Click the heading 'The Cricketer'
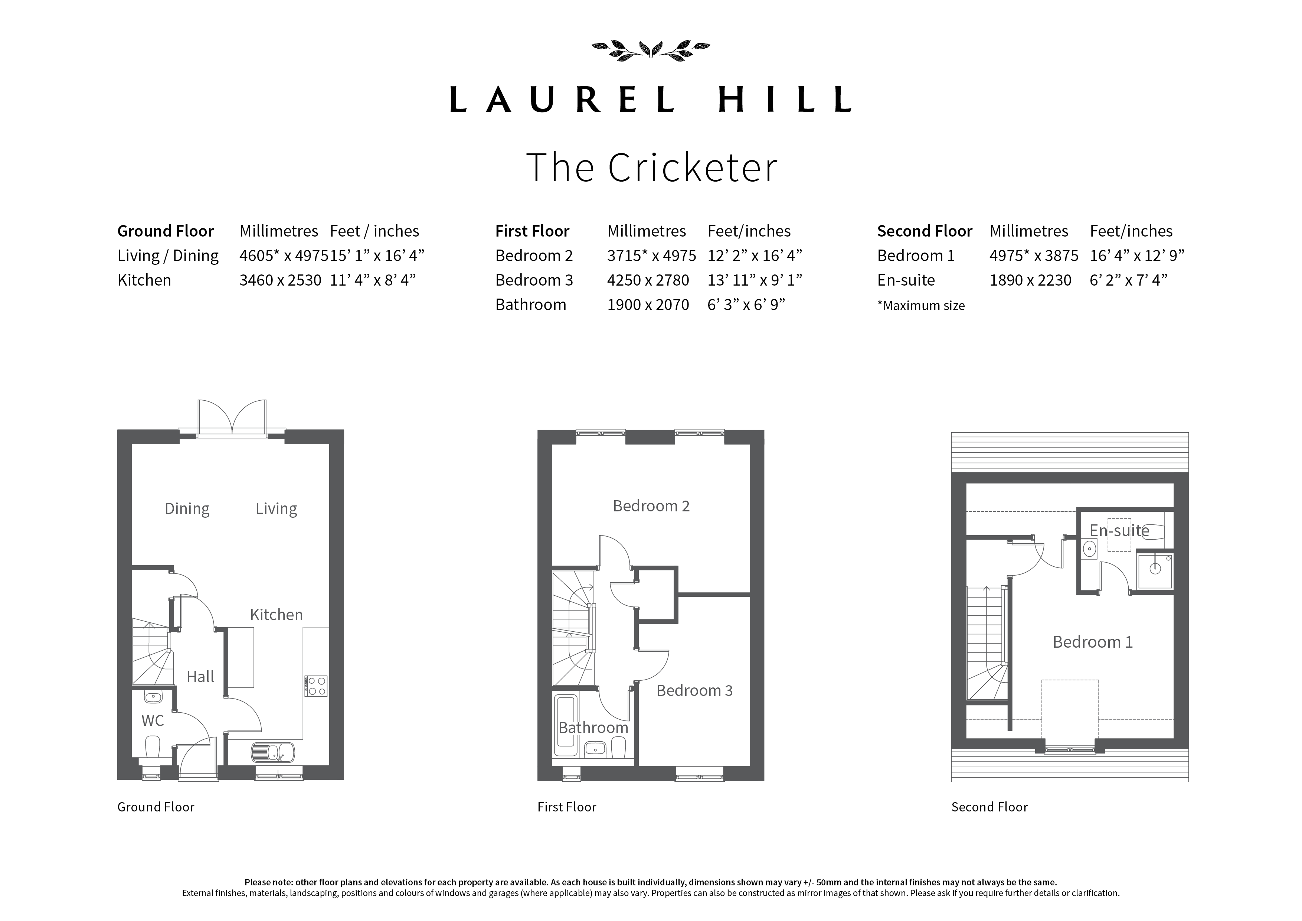coord(652,167)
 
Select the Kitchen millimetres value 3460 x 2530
coord(280,280)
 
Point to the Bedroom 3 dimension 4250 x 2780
coord(648,280)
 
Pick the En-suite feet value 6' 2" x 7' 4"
coord(1128,280)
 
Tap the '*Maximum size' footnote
coord(921,306)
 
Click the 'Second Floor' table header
coord(925,231)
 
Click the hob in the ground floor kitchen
coord(316,686)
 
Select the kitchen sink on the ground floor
coord(273,752)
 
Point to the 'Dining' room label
coord(187,509)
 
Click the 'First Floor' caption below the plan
coord(566,807)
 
